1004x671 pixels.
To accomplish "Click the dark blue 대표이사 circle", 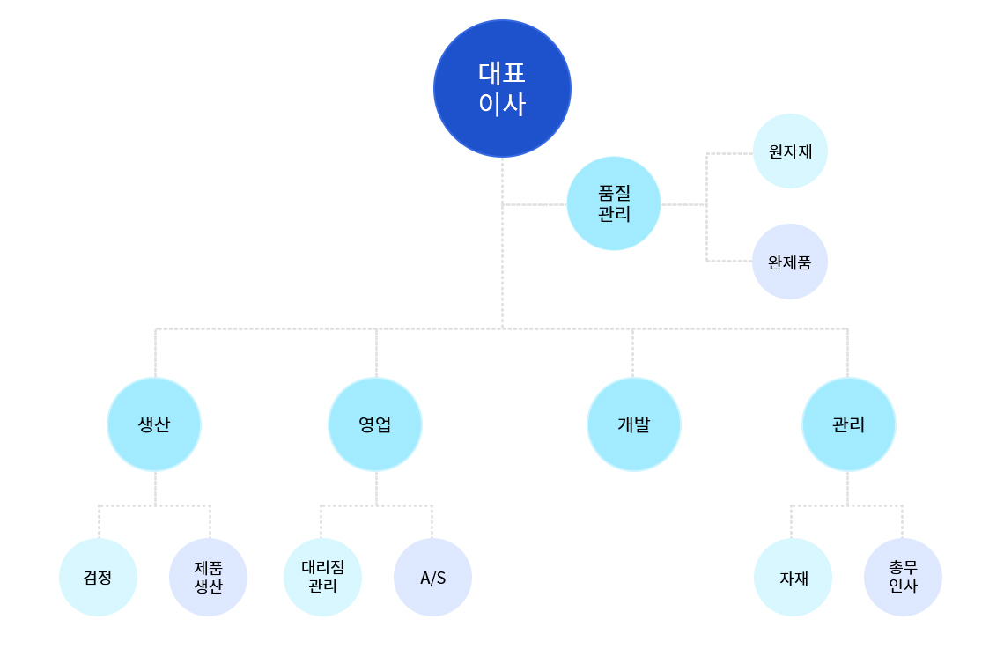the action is [502, 88].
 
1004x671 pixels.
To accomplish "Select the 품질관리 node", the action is [614, 203].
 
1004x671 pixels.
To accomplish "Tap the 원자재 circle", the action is [790, 151].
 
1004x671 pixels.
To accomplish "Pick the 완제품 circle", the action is [790, 262].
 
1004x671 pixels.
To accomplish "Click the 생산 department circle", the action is [154, 424].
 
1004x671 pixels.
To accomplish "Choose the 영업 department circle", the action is [375, 424].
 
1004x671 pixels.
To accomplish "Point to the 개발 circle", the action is [634, 424].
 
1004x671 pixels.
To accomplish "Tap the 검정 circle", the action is [98, 577].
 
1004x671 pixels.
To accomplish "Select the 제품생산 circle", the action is [208, 577].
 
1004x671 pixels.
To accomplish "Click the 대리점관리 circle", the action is [322, 577].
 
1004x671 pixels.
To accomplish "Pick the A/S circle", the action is [432, 577].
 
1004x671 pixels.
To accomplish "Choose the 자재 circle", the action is [794, 577].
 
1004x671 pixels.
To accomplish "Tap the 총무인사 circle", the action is [903, 577].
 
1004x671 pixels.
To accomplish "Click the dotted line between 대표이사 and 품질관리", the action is [535, 205].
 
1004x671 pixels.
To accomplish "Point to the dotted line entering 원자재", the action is [729, 154].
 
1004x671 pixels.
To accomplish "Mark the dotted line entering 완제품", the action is [729, 262].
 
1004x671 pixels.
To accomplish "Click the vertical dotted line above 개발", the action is [632, 353].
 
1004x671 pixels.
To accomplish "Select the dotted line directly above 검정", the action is [100, 522].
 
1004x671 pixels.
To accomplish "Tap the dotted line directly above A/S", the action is [432, 522].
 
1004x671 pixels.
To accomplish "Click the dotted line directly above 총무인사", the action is [902, 522].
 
